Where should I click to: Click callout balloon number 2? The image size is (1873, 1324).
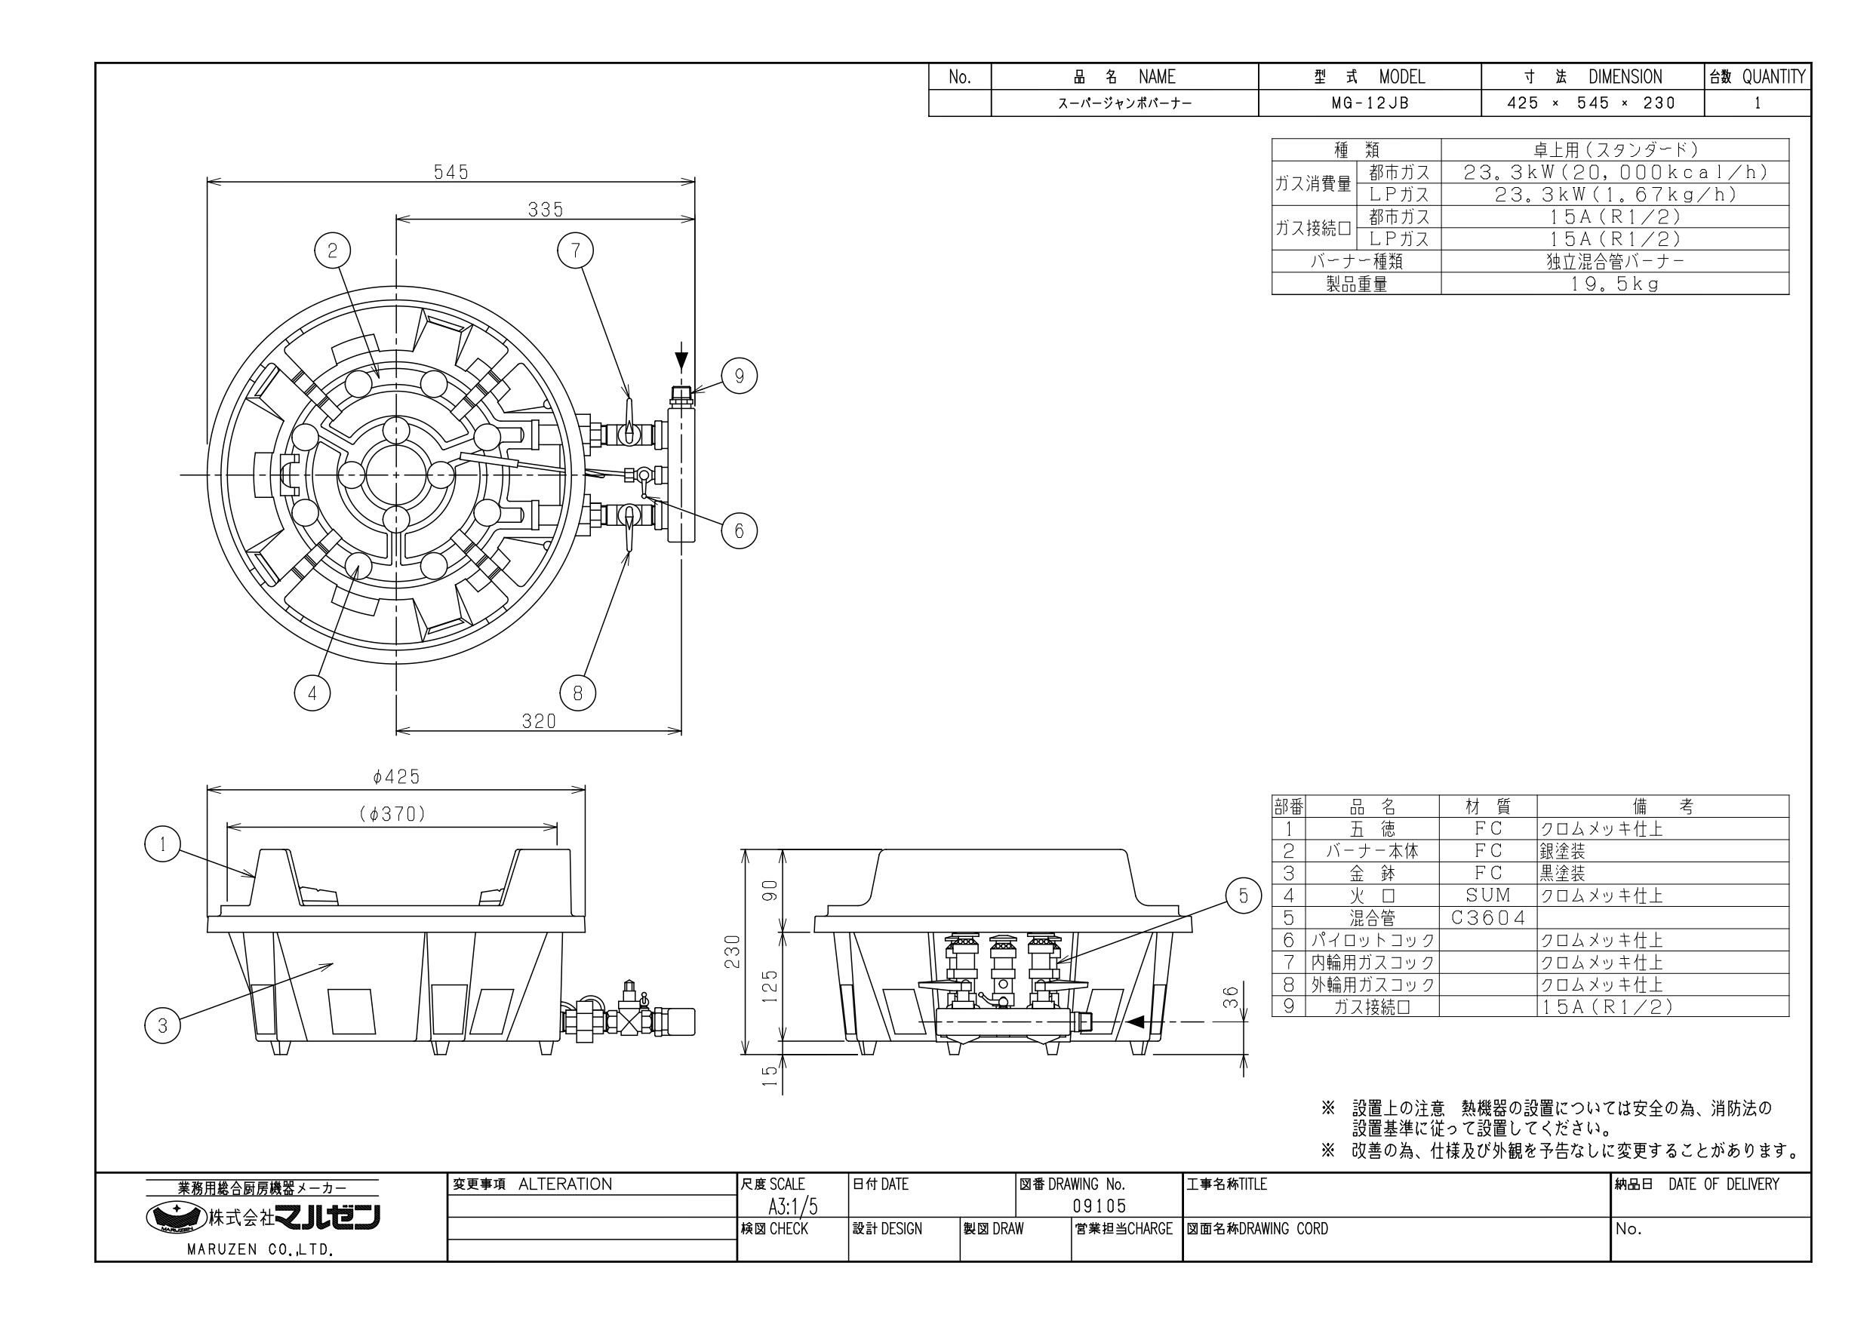pos(332,250)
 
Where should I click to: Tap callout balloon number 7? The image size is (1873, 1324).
pos(576,250)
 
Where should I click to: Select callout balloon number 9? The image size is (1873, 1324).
pos(739,376)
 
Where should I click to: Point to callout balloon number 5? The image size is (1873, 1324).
pos(1243,896)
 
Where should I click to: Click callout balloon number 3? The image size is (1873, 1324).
pos(163,1025)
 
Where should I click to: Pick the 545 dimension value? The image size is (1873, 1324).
pos(451,172)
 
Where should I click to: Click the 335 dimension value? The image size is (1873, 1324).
pos(545,210)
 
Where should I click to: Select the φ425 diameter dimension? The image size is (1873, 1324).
pos(395,776)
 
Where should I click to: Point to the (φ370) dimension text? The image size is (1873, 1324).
pos(392,814)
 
